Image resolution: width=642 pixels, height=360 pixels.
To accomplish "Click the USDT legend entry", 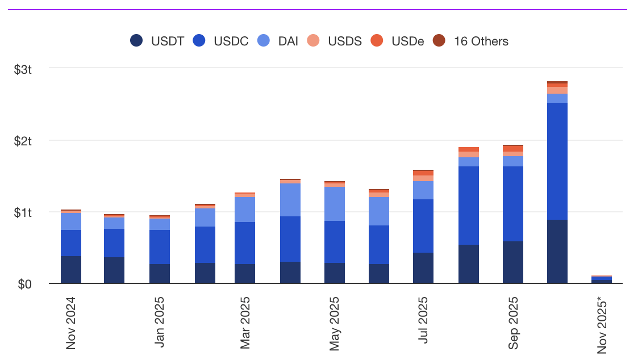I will click(x=157, y=41).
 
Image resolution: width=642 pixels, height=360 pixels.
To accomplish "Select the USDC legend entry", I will click(x=220, y=41).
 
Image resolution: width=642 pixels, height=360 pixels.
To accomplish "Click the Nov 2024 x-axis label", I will click(x=71, y=321).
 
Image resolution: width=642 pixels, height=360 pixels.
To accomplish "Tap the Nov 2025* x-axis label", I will click(x=603, y=324).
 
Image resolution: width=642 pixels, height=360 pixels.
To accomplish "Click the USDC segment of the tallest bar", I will click(x=557, y=161).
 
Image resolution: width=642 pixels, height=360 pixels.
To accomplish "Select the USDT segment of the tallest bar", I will click(x=557, y=252).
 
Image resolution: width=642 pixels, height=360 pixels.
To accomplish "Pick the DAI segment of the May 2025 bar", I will click(x=335, y=204).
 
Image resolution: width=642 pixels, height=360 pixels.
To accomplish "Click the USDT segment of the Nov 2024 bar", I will click(x=71, y=270).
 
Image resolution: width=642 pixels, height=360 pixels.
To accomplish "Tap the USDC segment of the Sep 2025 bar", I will click(x=513, y=204).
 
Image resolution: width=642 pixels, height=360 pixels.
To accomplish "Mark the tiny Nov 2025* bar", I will click(x=602, y=279).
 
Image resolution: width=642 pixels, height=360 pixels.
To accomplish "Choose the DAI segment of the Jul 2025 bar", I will click(x=423, y=190).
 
